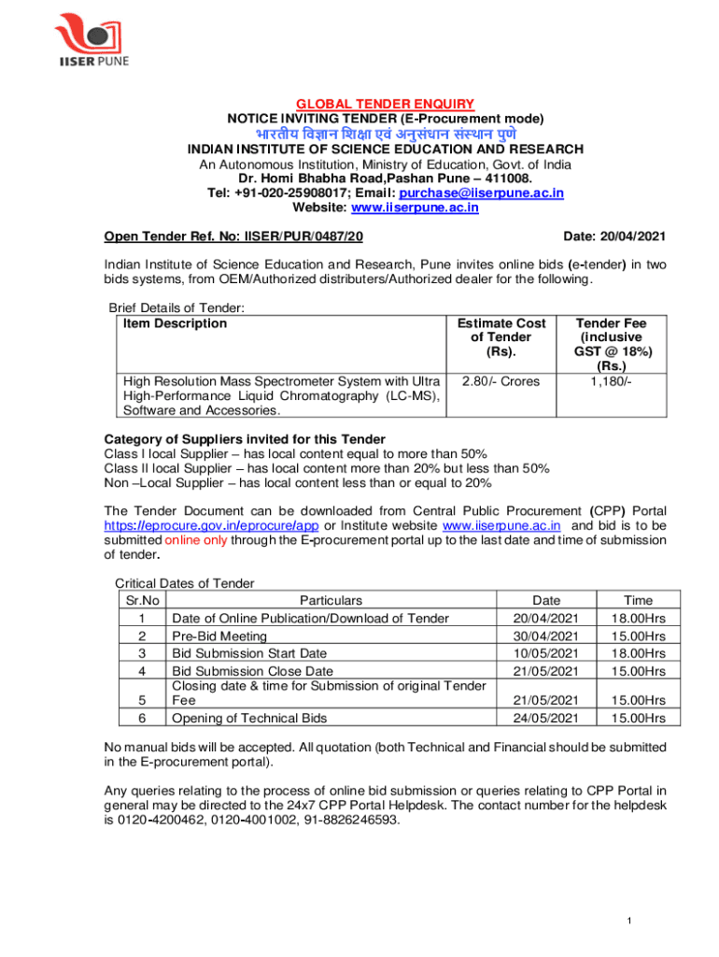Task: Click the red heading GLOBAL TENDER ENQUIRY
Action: [x=385, y=104]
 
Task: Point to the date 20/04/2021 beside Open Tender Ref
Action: [x=635, y=236]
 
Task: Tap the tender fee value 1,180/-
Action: [x=611, y=381]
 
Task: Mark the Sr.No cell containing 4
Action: [x=141, y=671]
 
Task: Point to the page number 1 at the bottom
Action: [x=630, y=921]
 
